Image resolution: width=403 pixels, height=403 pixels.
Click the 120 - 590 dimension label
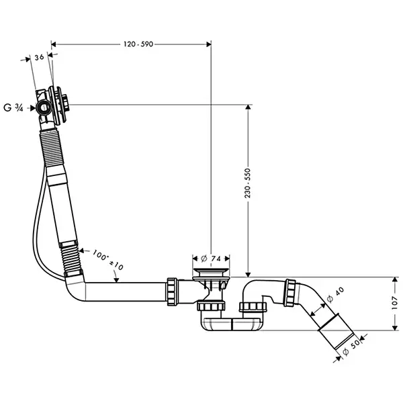click(138, 44)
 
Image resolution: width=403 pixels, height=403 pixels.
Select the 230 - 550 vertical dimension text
click(247, 183)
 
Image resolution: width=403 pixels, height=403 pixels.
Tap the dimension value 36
click(40, 57)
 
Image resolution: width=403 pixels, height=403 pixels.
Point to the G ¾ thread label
click(13, 107)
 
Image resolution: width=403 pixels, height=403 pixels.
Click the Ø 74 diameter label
click(211, 259)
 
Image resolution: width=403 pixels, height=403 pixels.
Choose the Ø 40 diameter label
click(335, 295)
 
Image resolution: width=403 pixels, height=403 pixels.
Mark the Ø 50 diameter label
click(351, 348)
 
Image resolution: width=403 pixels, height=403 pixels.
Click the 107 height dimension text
click(396, 303)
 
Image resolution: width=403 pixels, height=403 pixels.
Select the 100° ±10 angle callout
click(108, 259)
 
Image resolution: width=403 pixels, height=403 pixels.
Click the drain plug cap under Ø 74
click(211, 271)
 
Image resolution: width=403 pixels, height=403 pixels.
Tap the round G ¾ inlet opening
click(44, 107)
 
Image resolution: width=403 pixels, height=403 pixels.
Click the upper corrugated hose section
click(52, 148)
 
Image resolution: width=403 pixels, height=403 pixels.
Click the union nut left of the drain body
click(172, 292)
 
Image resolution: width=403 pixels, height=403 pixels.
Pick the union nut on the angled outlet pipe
click(290, 292)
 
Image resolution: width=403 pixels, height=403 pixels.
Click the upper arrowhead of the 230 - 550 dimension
click(248, 107)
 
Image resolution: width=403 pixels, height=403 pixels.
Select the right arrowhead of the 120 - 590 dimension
click(209, 44)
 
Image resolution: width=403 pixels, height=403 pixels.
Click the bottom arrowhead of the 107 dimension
click(395, 328)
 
